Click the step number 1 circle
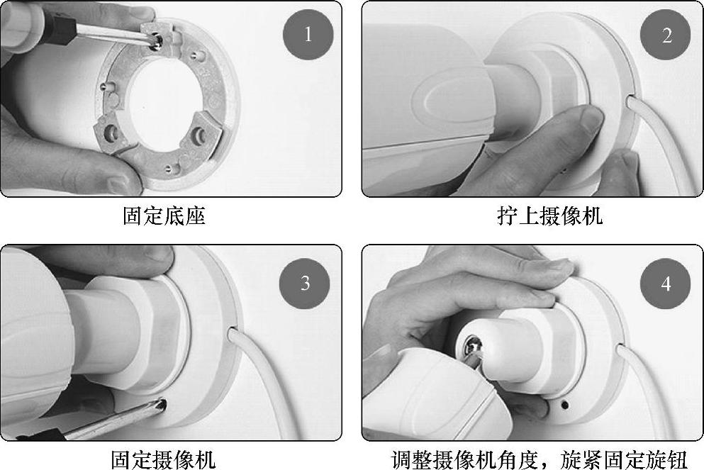[308, 35]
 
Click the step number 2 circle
[666, 35]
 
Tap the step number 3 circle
[305, 284]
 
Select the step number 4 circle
[666, 284]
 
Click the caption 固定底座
[164, 216]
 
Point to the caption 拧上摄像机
[550, 216]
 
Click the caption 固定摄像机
[164, 459]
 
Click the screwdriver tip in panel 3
[162, 405]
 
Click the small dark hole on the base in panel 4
[565, 405]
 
